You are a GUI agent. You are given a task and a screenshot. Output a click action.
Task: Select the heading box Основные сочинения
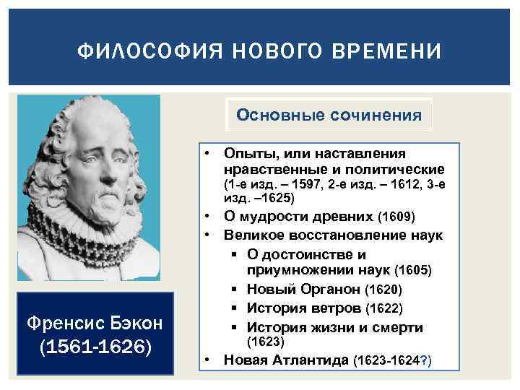coord(329,114)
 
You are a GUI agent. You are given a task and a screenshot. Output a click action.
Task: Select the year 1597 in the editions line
coord(295,184)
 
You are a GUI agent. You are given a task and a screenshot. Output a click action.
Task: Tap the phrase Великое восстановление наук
coord(333,235)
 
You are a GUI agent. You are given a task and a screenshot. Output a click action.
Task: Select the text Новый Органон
coord(304,290)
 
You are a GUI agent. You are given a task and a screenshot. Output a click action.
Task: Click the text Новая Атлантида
coord(286,360)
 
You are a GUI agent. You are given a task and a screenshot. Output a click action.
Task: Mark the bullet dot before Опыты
coord(207,154)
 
